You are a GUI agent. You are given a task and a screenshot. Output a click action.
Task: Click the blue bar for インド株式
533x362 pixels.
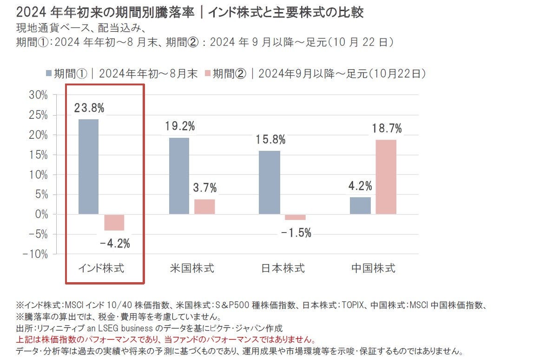pyautogui.click(x=88, y=167)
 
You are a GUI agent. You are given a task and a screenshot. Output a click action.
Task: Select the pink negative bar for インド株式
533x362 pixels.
pyautogui.click(x=114, y=222)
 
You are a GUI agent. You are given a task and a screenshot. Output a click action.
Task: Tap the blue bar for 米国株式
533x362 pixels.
pyautogui.click(x=179, y=176)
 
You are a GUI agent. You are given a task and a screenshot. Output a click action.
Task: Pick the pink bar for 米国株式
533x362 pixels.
pyautogui.click(x=204, y=207)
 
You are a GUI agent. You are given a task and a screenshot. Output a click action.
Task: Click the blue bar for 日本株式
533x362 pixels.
pyautogui.click(x=270, y=182)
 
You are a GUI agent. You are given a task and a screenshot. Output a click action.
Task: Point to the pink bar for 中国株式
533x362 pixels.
pyautogui.click(x=386, y=177)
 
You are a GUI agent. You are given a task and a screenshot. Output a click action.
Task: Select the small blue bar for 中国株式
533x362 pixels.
pyautogui.click(x=360, y=206)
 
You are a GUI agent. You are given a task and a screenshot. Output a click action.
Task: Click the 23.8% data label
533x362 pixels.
pyautogui.click(x=89, y=108)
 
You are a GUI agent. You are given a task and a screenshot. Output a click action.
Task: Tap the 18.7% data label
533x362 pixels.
pyautogui.click(x=386, y=129)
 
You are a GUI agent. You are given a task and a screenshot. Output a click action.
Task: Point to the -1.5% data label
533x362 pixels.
pyautogui.click(x=296, y=233)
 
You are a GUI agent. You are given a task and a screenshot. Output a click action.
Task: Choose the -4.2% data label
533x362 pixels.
pyautogui.click(x=114, y=243)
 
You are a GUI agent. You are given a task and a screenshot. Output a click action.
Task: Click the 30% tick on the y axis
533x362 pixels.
pyautogui.click(x=38, y=95)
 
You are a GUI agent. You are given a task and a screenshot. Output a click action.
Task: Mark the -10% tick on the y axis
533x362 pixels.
pyautogui.click(x=35, y=254)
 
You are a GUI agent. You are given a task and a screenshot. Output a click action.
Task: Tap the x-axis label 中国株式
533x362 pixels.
pyautogui.click(x=373, y=268)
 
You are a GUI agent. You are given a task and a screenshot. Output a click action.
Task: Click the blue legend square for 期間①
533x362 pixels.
pyautogui.click(x=49, y=73)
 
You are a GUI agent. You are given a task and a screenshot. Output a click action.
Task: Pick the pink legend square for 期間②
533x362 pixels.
pyautogui.click(x=208, y=73)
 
